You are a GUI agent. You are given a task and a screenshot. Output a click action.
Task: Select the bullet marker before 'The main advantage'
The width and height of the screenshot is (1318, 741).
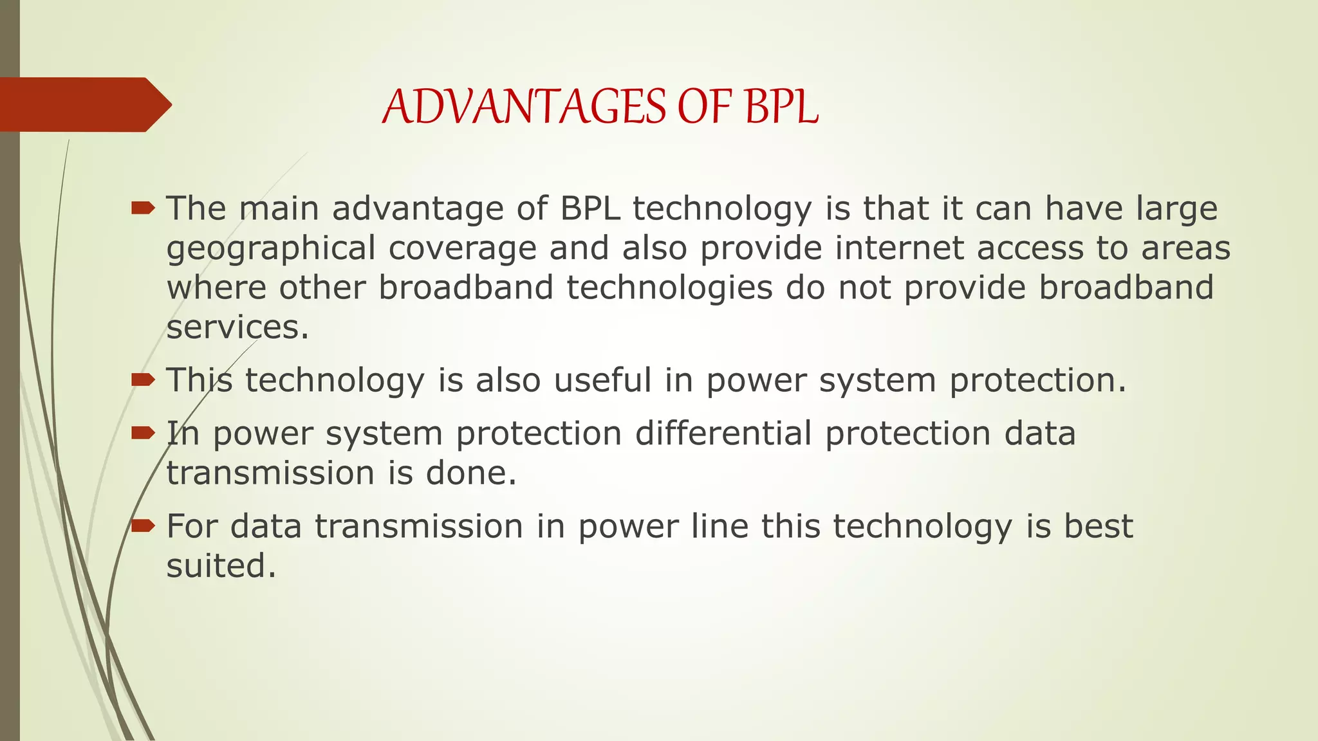tap(143, 208)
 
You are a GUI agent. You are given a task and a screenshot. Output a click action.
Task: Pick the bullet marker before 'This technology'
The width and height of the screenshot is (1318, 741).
tap(143, 380)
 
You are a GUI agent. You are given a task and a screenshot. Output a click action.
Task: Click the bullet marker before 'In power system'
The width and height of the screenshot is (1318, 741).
tap(143, 433)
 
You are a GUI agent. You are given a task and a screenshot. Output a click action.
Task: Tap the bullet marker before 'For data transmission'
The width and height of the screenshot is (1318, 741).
tap(143, 526)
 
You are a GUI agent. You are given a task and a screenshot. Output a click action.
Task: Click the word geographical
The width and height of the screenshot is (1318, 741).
tap(270, 250)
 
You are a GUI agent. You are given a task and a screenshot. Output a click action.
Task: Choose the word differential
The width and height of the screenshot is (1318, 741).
tap(723, 433)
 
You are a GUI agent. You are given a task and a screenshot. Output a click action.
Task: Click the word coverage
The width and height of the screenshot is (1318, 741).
tap(462, 250)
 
